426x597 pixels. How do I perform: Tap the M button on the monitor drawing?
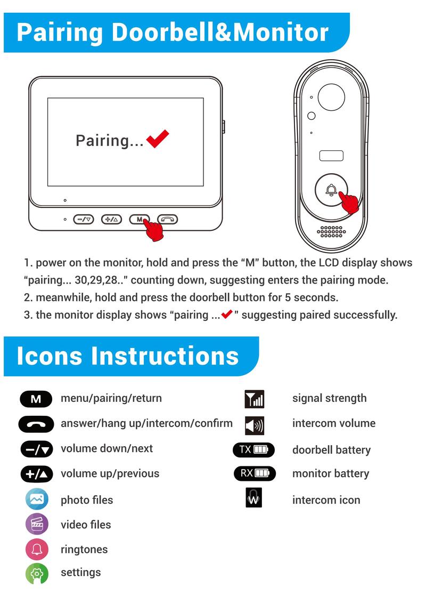[x=139, y=219]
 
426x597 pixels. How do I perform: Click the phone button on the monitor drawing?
[x=167, y=219]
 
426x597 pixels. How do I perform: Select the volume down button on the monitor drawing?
[x=83, y=219]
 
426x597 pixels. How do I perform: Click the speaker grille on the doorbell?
[x=330, y=231]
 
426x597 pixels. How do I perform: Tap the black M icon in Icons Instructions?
[x=36, y=399]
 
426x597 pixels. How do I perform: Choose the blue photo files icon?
[x=37, y=500]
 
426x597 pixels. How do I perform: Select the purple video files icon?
[x=37, y=525]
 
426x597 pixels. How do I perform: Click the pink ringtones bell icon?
[x=37, y=550]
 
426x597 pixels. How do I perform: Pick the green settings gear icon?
[x=37, y=574]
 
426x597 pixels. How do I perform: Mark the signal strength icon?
[x=254, y=399]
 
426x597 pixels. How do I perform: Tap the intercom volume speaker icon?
[x=254, y=425]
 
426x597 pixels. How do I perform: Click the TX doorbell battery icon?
[x=254, y=450]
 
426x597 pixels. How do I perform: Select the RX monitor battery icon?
[x=255, y=473]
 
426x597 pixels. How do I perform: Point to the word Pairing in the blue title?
[x=60, y=32]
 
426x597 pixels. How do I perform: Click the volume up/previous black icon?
[x=37, y=474]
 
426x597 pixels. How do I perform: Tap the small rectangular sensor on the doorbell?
[x=331, y=156]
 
